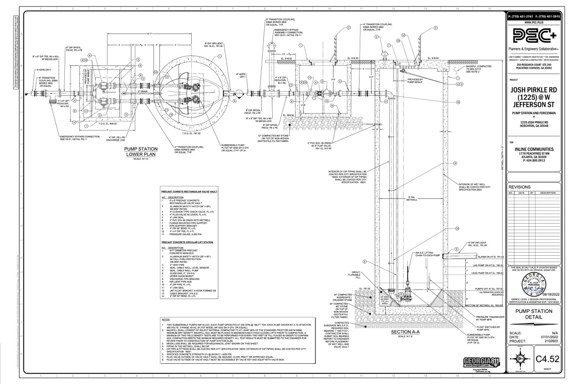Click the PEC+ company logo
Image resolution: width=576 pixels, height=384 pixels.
[534, 36]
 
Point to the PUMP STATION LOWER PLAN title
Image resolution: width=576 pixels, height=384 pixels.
[141, 151]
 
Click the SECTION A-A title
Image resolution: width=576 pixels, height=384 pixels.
[405, 332]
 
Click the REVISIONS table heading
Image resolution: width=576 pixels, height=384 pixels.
[520, 187]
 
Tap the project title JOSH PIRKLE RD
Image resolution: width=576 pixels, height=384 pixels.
[534, 90]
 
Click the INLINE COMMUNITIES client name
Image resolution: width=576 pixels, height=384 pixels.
[534, 149]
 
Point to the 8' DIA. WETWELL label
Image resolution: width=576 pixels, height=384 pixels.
[413, 199]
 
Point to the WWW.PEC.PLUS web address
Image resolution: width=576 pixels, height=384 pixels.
[534, 22]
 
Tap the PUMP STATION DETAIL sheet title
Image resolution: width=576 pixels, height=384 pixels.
[534, 314]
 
